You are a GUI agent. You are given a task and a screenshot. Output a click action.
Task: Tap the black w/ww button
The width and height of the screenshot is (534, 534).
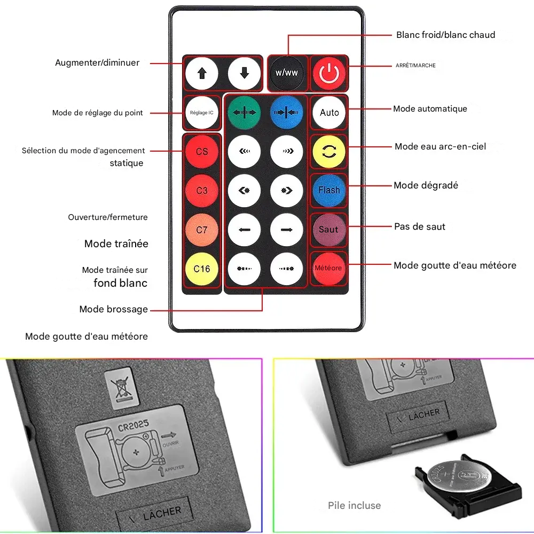(287, 73)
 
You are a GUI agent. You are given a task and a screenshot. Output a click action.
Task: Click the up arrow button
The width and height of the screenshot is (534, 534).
(202, 73)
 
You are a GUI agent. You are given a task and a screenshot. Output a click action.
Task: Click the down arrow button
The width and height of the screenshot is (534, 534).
(245, 73)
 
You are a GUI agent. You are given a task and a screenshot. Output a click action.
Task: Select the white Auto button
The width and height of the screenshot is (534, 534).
(329, 113)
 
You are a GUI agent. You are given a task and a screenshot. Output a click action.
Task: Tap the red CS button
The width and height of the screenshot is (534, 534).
(202, 152)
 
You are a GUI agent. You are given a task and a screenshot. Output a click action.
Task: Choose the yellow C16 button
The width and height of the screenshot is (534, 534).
(202, 269)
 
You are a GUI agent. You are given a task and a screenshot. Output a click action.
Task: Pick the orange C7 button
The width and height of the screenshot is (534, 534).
(202, 230)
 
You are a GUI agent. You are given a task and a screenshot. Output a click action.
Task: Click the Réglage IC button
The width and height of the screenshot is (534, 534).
(202, 113)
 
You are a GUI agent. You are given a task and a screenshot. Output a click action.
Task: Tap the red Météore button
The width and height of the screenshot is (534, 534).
(328, 268)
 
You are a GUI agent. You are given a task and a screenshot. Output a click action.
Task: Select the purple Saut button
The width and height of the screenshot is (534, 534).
(328, 229)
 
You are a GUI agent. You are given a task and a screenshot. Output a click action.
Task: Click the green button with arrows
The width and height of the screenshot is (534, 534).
(245, 113)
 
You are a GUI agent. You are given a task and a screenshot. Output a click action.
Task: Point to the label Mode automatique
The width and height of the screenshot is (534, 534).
(430, 109)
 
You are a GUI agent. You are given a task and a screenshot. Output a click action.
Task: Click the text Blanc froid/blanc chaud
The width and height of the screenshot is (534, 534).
(445, 35)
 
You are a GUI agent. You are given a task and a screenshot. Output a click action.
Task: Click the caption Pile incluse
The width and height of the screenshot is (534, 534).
(355, 505)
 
